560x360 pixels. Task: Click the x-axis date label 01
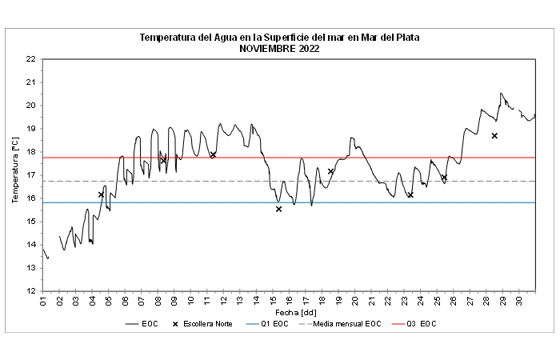[x=42, y=301]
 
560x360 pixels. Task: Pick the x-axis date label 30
[x=519, y=301]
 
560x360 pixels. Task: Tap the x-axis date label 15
[x=273, y=301]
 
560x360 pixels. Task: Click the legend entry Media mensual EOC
[x=343, y=323]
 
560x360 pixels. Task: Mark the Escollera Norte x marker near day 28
[x=494, y=136]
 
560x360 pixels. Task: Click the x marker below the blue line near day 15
[x=278, y=209]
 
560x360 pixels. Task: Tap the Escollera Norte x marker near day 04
[x=101, y=194]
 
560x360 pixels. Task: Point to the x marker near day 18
[x=330, y=171]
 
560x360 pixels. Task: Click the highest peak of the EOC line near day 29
[x=502, y=93]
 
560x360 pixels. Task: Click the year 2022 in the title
[x=308, y=48]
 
